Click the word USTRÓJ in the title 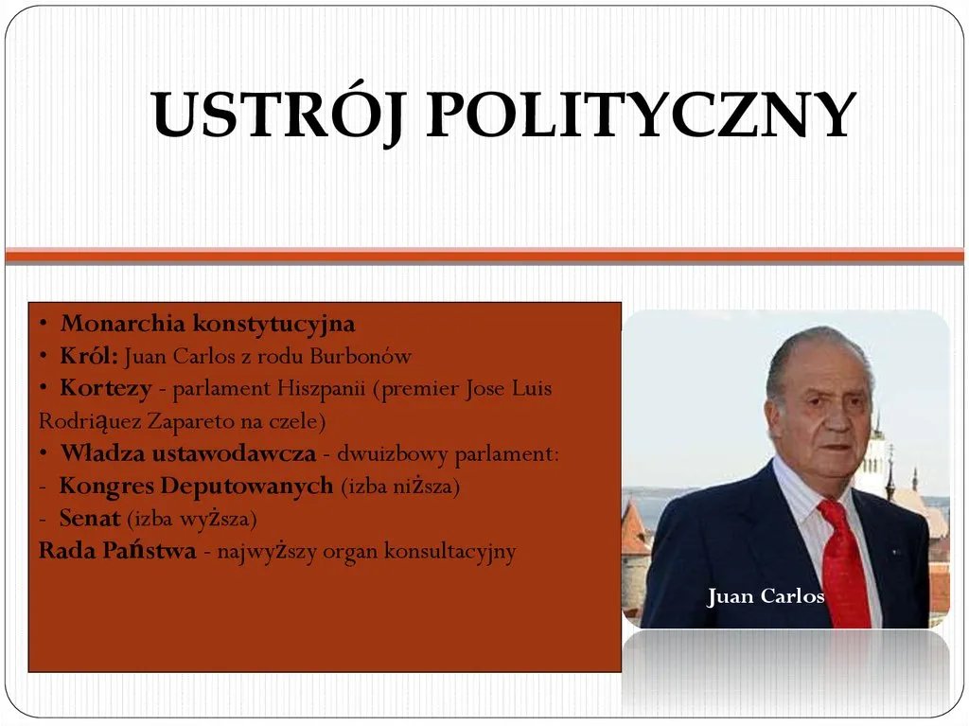point(277,115)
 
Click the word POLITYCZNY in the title point(641,115)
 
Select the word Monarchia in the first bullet point(122,323)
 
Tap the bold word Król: point(88,356)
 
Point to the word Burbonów point(361,356)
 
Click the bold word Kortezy point(106,388)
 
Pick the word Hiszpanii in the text point(321,389)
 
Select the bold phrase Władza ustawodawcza point(188,453)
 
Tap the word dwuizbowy point(393,454)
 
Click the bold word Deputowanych point(247,487)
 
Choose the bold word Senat point(90,518)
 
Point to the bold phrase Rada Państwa point(117,550)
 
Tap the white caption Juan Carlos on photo point(766,595)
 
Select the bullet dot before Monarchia point(44,324)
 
